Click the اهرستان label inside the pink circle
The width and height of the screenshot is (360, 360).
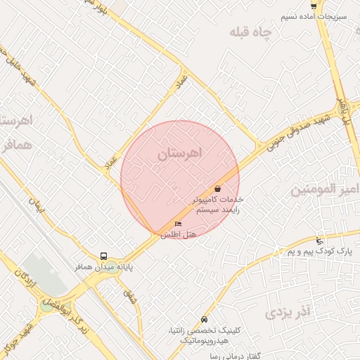(x=180, y=153)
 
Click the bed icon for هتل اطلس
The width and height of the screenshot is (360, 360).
(x=178, y=224)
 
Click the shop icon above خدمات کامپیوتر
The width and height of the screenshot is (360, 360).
(x=217, y=188)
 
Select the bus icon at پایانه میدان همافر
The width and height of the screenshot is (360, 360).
(x=104, y=257)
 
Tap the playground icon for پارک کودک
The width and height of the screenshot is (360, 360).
(x=320, y=241)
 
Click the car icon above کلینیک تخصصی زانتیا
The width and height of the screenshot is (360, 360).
(x=204, y=319)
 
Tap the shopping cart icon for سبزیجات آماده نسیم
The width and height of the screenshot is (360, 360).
(x=314, y=6)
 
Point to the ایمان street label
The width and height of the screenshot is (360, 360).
(x=36, y=205)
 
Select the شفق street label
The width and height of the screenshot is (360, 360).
(x=130, y=297)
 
